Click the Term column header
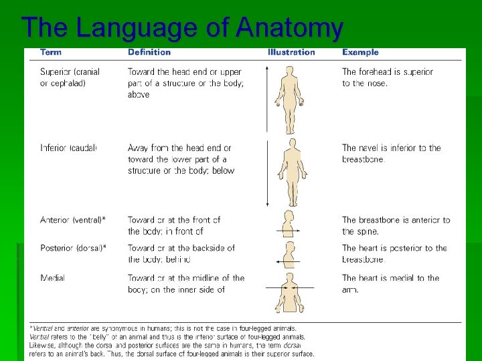[x=52, y=52]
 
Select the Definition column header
[x=149, y=52]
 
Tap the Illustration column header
[x=291, y=52]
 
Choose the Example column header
[x=360, y=52]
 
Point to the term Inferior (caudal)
[x=68, y=148]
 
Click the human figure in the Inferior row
[x=291, y=172]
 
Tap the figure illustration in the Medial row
[x=289, y=291]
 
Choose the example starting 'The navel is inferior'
[x=391, y=154]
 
